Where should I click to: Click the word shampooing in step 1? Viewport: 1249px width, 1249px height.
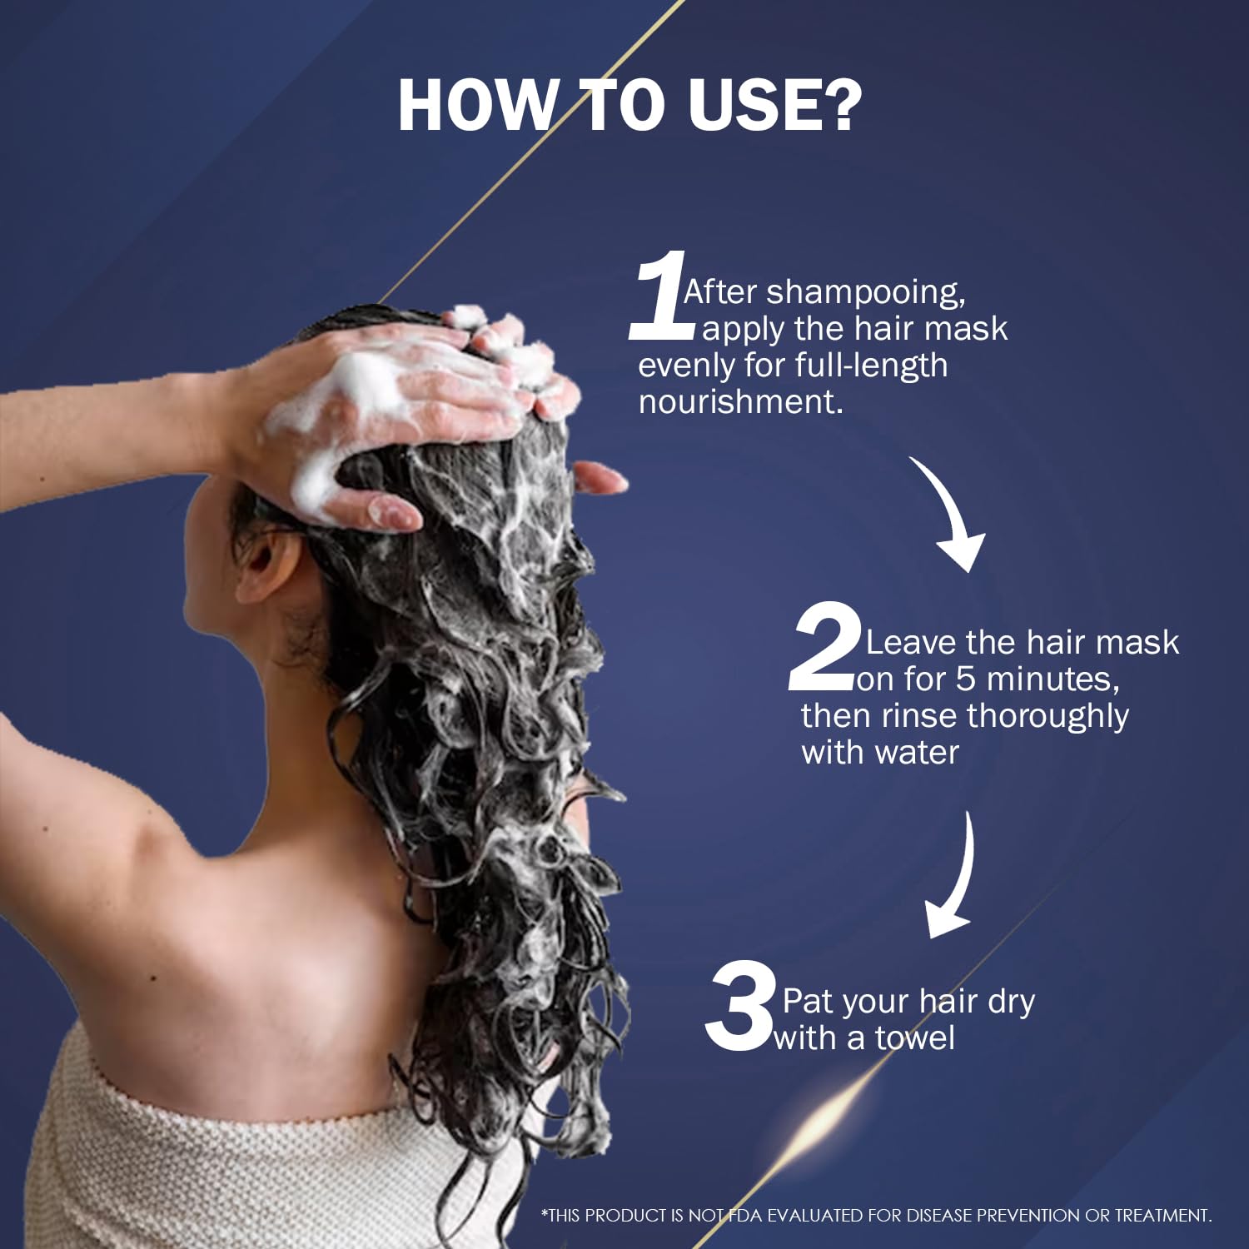coord(865,293)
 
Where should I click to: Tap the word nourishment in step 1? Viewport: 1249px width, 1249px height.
coord(741,401)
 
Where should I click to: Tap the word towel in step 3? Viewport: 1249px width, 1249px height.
coord(914,1038)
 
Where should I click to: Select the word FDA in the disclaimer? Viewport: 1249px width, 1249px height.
coord(746,1216)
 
